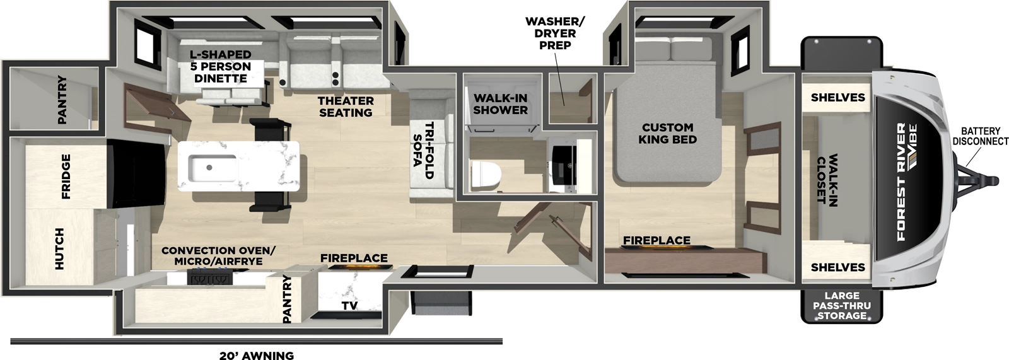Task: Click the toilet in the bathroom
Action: pyautogui.click(x=486, y=173)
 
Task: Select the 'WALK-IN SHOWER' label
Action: pyautogui.click(x=500, y=104)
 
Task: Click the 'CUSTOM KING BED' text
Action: pyautogui.click(x=667, y=133)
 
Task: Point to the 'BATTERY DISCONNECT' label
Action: pyautogui.click(x=980, y=136)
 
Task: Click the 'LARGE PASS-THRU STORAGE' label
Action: pyautogui.click(x=841, y=305)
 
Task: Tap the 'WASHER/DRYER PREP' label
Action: pyautogui.click(x=555, y=33)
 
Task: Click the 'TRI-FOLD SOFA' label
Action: pyautogui.click(x=423, y=149)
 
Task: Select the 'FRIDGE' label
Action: pyautogui.click(x=66, y=177)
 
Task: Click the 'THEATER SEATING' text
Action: pyautogui.click(x=346, y=107)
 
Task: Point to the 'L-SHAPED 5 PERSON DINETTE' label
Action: pyautogui.click(x=221, y=66)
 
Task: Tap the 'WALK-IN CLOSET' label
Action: pyautogui.click(x=827, y=179)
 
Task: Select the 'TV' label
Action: pyautogui.click(x=349, y=305)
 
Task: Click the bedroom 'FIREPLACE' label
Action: pyautogui.click(x=656, y=240)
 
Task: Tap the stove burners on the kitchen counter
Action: pyautogui.click(x=209, y=276)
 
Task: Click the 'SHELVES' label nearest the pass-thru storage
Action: pyautogui.click(x=837, y=267)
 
